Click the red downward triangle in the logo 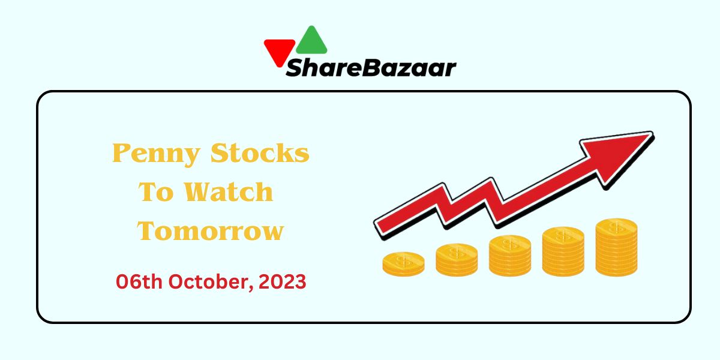[279, 52]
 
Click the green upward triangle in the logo [311, 41]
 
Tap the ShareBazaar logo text [371, 68]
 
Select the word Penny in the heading [157, 154]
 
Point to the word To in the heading [156, 192]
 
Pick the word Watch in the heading [229, 192]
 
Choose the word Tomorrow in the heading [211, 231]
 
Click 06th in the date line [139, 282]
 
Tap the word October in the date [211, 282]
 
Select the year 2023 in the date [282, 282]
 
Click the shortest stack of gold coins [403, 264]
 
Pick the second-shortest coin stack [457, 260]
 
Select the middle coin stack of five [510, 256]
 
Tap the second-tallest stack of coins [563, 251]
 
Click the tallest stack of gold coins [617, 247]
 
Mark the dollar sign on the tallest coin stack [617, 228]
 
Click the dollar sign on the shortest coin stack [403, 261]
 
